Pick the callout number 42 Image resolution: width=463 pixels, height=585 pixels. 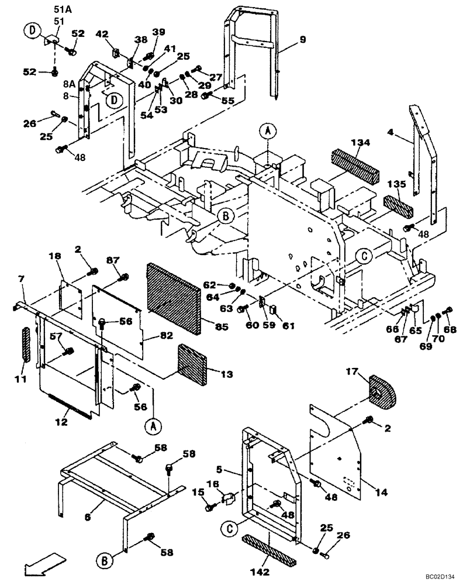coord(102,35)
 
